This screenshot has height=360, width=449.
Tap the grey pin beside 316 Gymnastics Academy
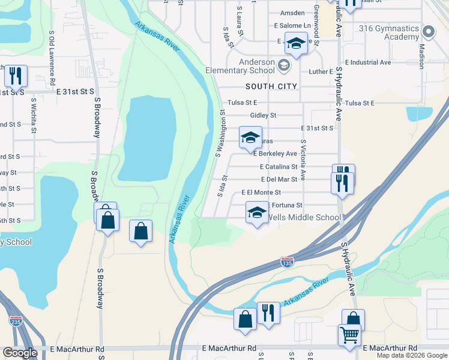coord(428,31)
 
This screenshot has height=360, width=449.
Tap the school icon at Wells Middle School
coord(257,213)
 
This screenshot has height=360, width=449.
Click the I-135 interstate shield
coord(287,262)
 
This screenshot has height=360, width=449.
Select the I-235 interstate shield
coord(16,321)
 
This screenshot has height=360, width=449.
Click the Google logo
coord(20,353)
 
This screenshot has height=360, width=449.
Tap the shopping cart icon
coord(349,335)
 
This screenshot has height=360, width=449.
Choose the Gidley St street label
coord(263,115)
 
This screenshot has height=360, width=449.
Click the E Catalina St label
coord(279,167)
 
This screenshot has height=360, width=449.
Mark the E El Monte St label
coord(261,193)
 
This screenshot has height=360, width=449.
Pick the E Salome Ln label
coord(292,26)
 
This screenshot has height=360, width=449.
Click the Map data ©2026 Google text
coord(412,355)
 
